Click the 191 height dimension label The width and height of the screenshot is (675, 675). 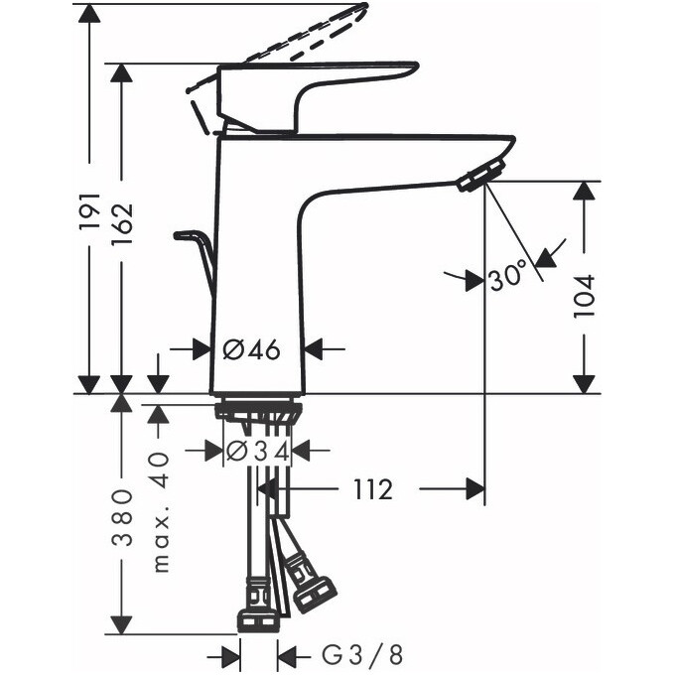(89, 210)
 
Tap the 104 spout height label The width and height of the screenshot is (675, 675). (586, 296)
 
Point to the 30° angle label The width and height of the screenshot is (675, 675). (507, 279)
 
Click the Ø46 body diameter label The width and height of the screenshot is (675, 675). (251, 348)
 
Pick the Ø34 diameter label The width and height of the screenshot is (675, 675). (257, 451)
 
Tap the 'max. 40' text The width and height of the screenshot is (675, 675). (159, 511)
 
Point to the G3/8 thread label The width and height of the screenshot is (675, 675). (349, 655)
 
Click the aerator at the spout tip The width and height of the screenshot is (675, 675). (475, 178)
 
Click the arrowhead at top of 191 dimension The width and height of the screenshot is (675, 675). (89, 13)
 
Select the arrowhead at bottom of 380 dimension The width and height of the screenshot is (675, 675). (121, 624)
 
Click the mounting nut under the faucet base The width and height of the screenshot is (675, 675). (258, 410)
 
